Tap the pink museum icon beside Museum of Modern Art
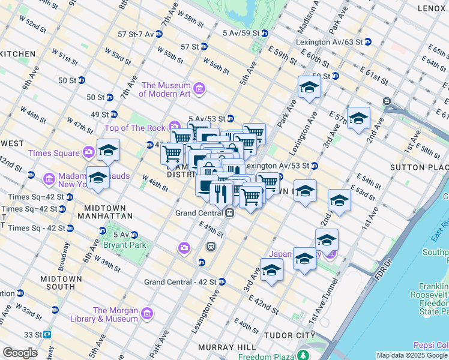(200, 90)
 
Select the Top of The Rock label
(137, 127)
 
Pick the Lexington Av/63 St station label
(328, 42)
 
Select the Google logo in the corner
(20, 353)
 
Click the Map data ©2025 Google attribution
(412, 355)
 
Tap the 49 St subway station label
(99, 115)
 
